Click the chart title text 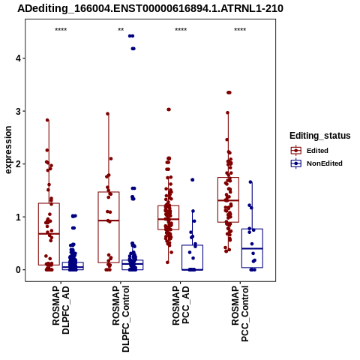pyautogui.click(x=150, y=9)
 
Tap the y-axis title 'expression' pyautogui.click(x=8, y=150)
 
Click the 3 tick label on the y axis pyautogui.click(x=18, y=111)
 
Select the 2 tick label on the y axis pyautogui.click(x=18, y=164)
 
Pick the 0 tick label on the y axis pyautogui.click(x=18, y=270)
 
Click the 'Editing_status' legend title pyautogui.click(x=320, y=136)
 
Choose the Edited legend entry pyautogui.click(x=309, y=151)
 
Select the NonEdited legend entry pyautogui.click(x=316, y=163)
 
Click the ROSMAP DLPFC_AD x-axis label pyautogui.click(x=61, y=310)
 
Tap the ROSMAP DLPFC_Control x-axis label pyautogui.click(x=121, y=319)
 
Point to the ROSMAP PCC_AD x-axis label pyautogui.click(x=181, y=305)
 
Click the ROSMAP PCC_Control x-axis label pyautogui.click(x=240, y=313)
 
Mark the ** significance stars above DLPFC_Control pyautogui.click(x=121, y=30)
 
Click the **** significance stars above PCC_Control pyautogui.click(x=240, y=30)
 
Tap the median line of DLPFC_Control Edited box pyautogui.click(x=109, y=220)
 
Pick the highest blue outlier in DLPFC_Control pyautogui.click(x=131, y=36)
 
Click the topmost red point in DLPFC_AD pyautogui.click(x=47, y=120)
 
